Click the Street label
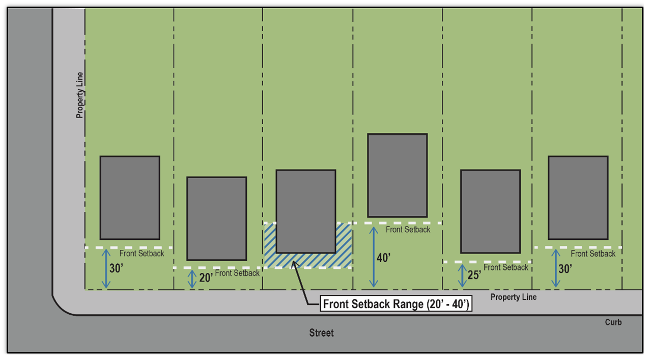click(321, 333)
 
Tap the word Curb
click(613, 322)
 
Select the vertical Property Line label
click(80, 95)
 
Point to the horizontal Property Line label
click(513, 297)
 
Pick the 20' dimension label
click(206, 278)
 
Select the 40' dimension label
click(383, 258)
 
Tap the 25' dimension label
click(474, 275)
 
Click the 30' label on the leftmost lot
click(116, 268)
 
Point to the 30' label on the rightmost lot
click(565, 268)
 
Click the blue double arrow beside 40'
click(374, 257)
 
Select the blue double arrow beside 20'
click(192, 279)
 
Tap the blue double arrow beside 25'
click(462, 275)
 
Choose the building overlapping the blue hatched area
click(305, 211)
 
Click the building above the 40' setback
click(397, 175)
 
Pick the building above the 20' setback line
click(216, 218)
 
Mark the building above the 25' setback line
click(490, 211)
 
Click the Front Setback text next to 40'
click(408, 230)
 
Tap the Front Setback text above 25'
click(505, 267)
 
